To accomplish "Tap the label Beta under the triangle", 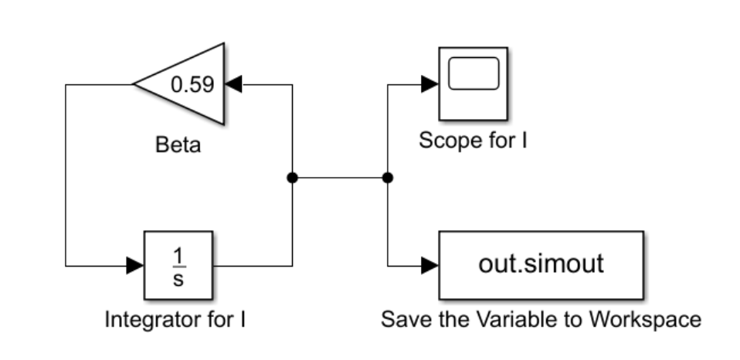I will pos(178,144).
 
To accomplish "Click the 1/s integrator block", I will pos(178,266).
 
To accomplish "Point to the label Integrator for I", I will pos(175,319).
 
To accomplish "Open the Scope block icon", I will pos(473,83).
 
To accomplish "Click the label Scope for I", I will pos(473,141).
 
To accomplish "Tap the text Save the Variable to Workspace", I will pos(541,319).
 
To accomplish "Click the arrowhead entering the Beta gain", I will pos(233,83).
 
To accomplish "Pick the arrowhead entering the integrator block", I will pos(134,266).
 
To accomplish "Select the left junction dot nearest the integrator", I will pos(292,178).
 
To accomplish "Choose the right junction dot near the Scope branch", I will pos(388,178).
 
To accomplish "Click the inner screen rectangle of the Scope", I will pos(473,75).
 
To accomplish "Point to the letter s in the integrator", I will pos(178,279).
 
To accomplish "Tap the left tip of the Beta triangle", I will pos(134,83).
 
